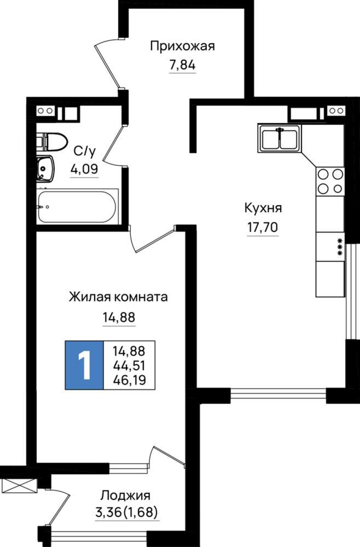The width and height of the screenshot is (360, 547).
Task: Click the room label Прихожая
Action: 182,46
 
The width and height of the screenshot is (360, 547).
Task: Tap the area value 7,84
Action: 182,65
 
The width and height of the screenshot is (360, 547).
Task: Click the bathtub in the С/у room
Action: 77,206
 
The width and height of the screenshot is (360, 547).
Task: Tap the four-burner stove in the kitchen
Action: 330,181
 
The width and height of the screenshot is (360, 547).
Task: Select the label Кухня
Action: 263,208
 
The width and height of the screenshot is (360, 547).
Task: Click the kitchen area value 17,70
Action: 263,227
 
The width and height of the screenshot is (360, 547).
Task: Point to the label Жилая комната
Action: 118,297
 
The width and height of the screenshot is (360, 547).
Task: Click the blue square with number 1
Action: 84,365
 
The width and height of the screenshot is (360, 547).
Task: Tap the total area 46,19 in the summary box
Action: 129,380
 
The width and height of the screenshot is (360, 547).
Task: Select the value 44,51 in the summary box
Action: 129,365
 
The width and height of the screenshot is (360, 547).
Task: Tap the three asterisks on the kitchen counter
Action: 340,247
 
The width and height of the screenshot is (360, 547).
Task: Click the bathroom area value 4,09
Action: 84,169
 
